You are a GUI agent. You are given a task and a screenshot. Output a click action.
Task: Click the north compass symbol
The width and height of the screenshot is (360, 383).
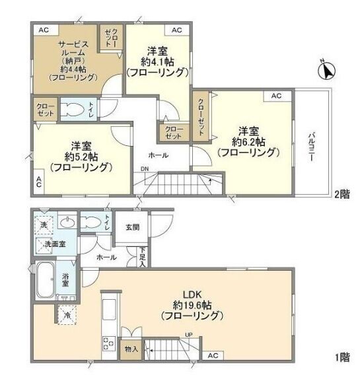tap(326, 71)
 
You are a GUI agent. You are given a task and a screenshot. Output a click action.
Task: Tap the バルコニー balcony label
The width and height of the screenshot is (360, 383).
tap(311, 147)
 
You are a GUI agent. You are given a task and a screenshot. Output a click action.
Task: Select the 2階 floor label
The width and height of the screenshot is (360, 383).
tap(342, 194)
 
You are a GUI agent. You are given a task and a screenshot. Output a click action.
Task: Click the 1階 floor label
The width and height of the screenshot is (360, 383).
tap(342, 357)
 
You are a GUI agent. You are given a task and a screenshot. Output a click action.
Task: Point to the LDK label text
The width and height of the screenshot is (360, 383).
tap(192, 295)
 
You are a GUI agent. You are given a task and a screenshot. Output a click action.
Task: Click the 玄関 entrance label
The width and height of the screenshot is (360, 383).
tap(133, 227)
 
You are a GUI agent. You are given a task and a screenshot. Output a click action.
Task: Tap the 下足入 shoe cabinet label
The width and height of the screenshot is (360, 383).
tap(143, 257)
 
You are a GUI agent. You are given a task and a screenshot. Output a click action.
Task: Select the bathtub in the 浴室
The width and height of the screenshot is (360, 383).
tap(45, 281)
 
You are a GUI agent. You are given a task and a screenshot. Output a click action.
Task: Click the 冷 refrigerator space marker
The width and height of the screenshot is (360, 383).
tap(67, 315)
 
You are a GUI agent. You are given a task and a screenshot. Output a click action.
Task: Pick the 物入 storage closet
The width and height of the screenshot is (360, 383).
tap(131, 349)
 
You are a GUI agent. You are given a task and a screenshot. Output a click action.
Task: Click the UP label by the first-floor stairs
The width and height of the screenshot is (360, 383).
tap(189, 334)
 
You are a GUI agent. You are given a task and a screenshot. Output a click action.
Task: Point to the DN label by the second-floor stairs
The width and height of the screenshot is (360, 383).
tap(145, 169)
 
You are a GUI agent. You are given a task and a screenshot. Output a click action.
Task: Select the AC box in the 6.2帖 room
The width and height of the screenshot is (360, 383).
tap(277, 96)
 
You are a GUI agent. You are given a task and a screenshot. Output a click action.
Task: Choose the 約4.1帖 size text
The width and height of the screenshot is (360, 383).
tap(157, 62)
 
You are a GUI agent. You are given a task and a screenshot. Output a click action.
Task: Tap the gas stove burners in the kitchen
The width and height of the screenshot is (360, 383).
tap(108, 343)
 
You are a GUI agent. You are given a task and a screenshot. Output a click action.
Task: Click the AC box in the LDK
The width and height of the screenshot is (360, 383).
tap(213, 355)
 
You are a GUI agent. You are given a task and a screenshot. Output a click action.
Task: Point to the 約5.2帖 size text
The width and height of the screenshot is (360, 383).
tap(81, 157)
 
